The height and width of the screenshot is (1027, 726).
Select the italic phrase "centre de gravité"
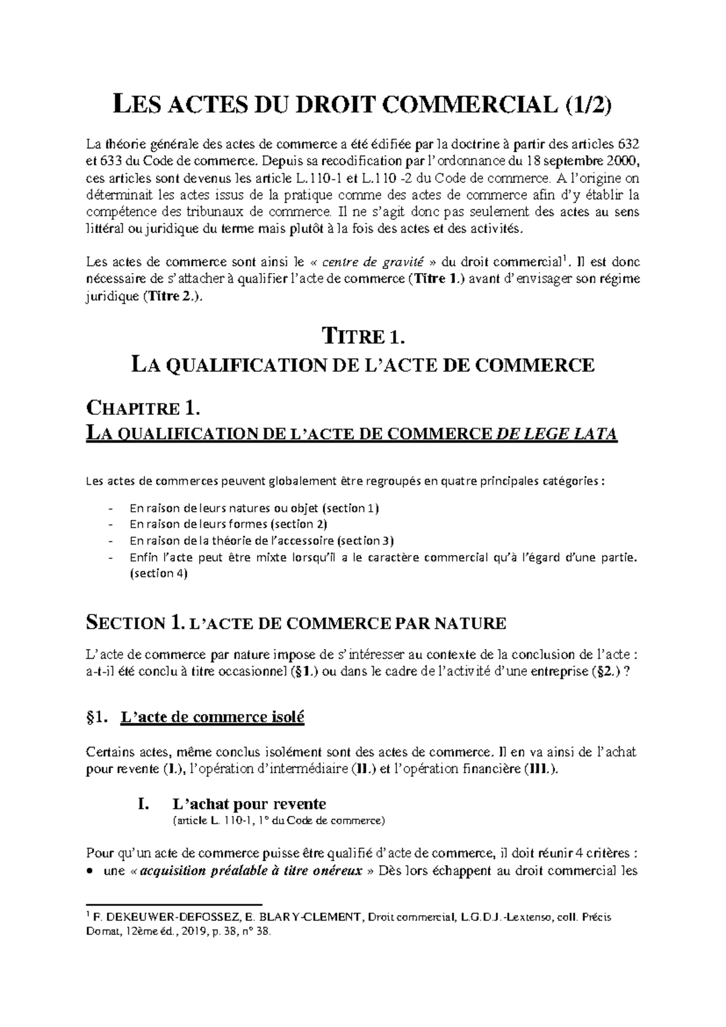pyautogui.click(x=371, y=262)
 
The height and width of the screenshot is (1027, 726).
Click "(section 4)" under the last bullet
pyautogui.click(x=159, y=573)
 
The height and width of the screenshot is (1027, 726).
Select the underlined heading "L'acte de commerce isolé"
pyautogui.click(x=212, y=718)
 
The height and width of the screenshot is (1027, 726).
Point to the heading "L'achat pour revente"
pyautogui.click(x=249, y=804)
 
